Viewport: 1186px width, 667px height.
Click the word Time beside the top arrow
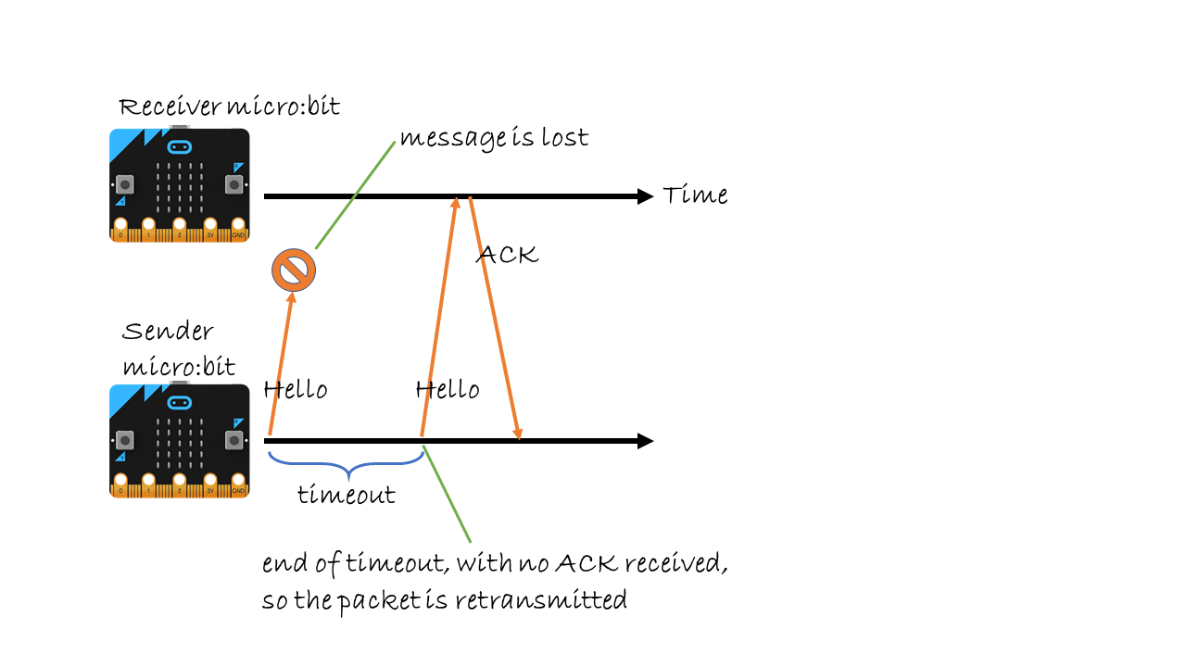(695, 195)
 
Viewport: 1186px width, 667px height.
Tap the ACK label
(507, 255)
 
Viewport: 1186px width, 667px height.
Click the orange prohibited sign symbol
(294, 271)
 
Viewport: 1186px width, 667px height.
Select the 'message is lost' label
(494, 138)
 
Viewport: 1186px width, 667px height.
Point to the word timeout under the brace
(346, 495)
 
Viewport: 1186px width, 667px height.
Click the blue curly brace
(345, 460)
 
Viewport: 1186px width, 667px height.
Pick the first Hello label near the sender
(296, 389)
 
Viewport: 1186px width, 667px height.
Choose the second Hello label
(448, 389)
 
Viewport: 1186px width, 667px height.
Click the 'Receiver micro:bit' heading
(229, 107)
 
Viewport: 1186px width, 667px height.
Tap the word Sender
(168, 332)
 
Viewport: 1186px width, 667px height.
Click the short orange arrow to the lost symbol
(282, 361)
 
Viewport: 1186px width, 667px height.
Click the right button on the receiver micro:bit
(233, 183)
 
